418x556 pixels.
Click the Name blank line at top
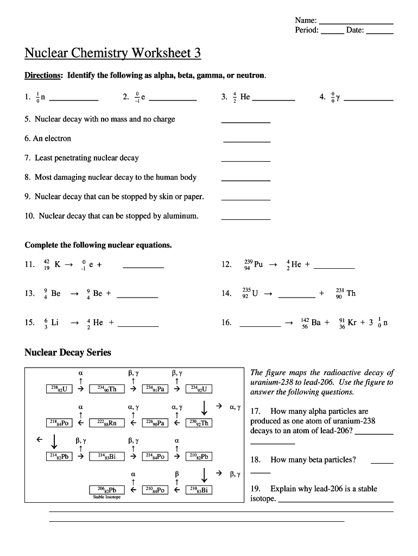click(x=356, y=23)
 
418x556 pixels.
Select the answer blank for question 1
click(x=74, y=99)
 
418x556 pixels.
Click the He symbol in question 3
click(x=245, y=97)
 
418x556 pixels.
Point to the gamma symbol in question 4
click(x=338, y=98)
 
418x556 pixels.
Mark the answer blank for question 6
click(x=246, y=141)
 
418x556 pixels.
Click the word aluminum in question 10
click(x=180, y=216)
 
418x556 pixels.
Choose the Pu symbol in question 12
click(x=258, y=264)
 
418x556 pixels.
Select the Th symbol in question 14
click(x=351, y=293)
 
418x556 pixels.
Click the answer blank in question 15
click(x=138, y=325)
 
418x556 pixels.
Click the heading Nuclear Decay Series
click(x=68, y=353)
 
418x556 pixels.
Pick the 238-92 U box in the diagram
click(x=59, y=389)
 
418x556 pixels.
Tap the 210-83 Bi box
click(x=199, y=490)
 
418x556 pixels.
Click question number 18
click(x=255, y=460)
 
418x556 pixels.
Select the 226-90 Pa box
click(x=155, y=422)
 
